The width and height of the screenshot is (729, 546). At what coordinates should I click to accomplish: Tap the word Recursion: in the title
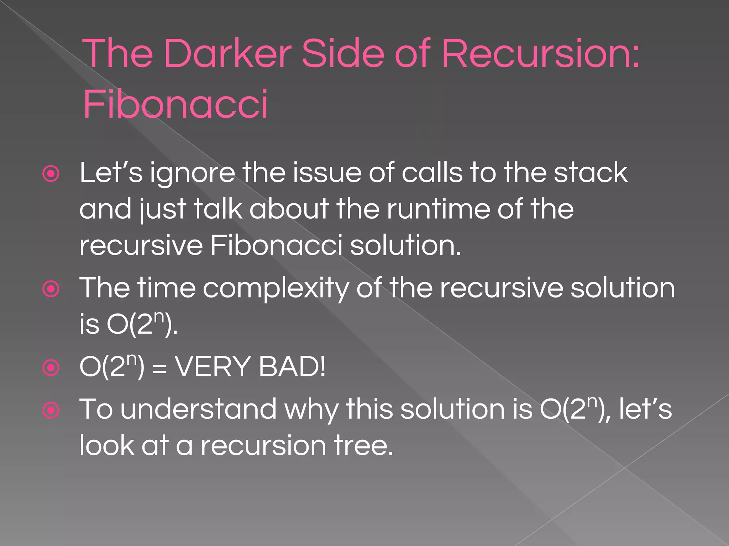coord(540,54)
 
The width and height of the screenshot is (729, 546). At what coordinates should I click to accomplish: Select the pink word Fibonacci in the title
coord(175,105)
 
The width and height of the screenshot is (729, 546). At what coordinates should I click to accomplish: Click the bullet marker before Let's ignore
coord(51,174)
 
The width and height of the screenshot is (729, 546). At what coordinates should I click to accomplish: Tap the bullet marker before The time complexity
coord(51,289)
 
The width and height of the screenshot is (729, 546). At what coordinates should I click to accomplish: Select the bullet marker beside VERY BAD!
coord(51,368)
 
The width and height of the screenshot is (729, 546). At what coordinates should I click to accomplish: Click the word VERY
coord(213,367)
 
